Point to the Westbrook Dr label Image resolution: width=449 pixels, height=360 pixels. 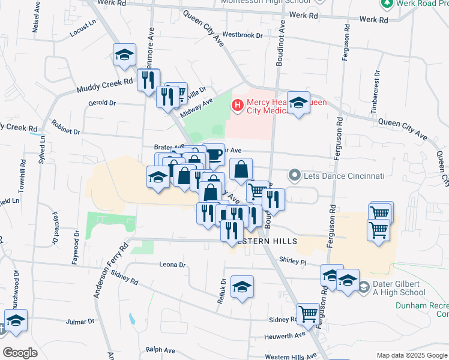[243, 35]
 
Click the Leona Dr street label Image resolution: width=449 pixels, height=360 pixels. [172, 264]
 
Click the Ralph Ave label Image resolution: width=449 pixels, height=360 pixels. [160, 350]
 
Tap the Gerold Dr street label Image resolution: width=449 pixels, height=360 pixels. [101, 103]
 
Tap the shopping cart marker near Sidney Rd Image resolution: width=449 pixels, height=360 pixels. [308, 313]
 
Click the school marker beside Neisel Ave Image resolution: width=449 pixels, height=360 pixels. [124, 55]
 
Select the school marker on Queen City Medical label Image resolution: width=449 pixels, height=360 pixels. [298, 103]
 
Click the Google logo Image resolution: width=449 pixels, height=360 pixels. [20, 352]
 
